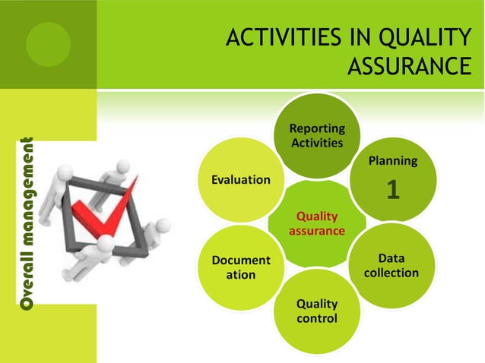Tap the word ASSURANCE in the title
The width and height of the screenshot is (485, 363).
pyautogui.click(x=409, y=66)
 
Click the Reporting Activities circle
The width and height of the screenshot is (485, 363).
pyautogui.click(x=317, y=135)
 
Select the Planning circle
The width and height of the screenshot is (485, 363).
pyautogui.click(x=393, y=179)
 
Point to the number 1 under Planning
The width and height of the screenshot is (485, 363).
pyautogui.click(x=393, y=190)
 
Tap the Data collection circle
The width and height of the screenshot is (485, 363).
pyautogui.click(x=391, y=266)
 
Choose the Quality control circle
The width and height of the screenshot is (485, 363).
pyautogui.click(x=317, y=311)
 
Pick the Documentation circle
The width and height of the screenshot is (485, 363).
pyautogui.click(x=241, y=267)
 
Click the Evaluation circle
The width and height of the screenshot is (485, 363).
pyautogui.click(x=241, y=180)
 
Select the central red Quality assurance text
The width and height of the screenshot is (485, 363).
pyautogui.click(x=317, y=223)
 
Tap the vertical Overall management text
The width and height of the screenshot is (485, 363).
pyautogui.click(x=27, y=223)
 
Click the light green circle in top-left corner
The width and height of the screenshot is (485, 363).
pyautogui.click(x=48, y=44)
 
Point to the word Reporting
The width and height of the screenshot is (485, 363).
pyautogui.click(x=317, y=128)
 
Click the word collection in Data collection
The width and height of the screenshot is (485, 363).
pyautogui.click(x=391, y=273)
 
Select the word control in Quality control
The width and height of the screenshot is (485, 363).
pyautogui.click(x=317, y=318)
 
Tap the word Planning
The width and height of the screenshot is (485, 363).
pyautogui.click(x=393, y=161)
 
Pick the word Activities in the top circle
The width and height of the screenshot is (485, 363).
pyautogui.click(x=317, y=143)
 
